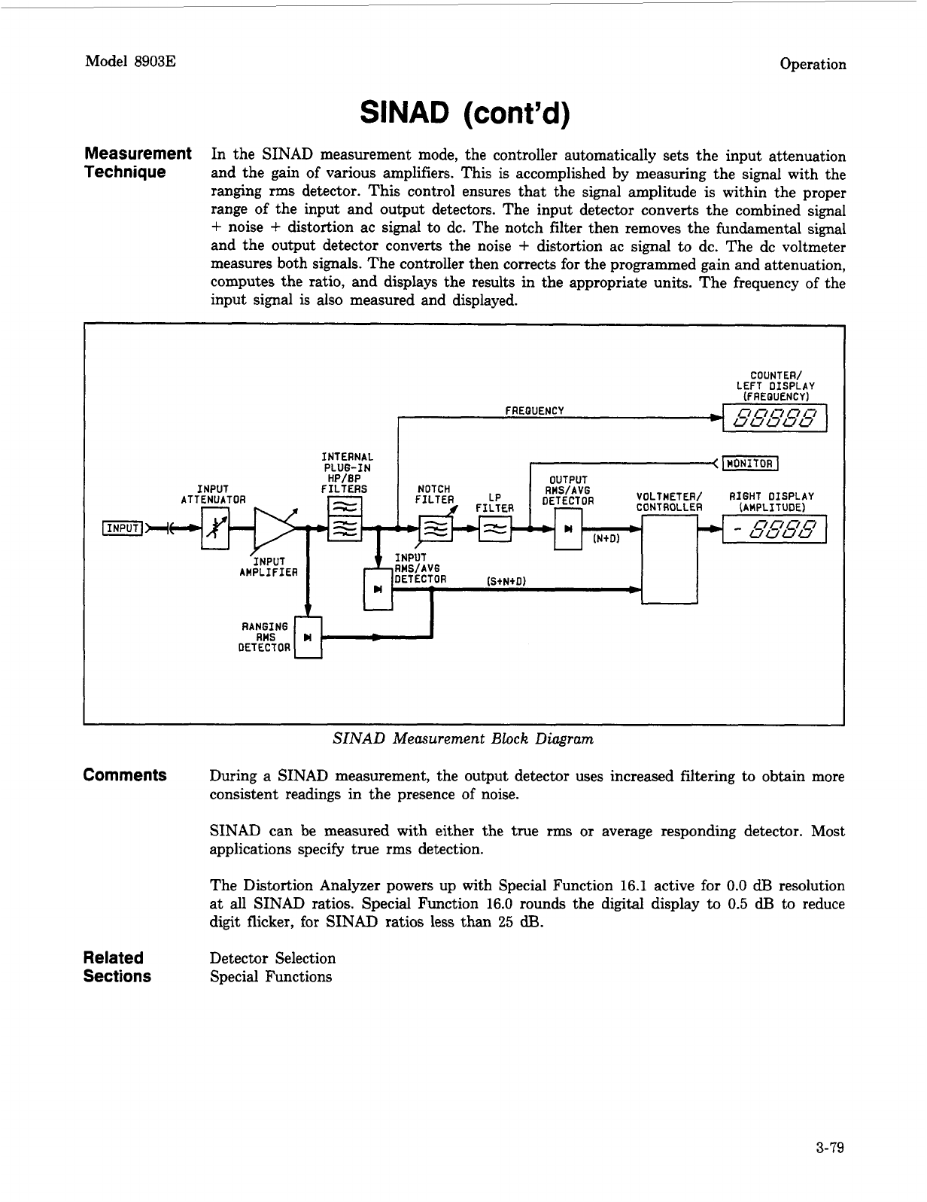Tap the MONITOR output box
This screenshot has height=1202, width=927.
749,463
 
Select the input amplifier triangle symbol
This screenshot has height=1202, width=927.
273,529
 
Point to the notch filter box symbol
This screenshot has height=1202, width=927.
436,529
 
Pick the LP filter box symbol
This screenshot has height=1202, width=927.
495,529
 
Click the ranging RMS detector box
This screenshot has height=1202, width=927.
308,638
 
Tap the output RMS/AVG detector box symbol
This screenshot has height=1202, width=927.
567,529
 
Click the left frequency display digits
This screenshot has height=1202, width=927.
774,418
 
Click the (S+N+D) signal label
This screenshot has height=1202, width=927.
506,580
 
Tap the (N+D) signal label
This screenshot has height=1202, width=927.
606,539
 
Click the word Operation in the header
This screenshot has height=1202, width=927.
813,64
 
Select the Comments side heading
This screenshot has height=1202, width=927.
125,775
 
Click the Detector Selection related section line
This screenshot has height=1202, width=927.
272,958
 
